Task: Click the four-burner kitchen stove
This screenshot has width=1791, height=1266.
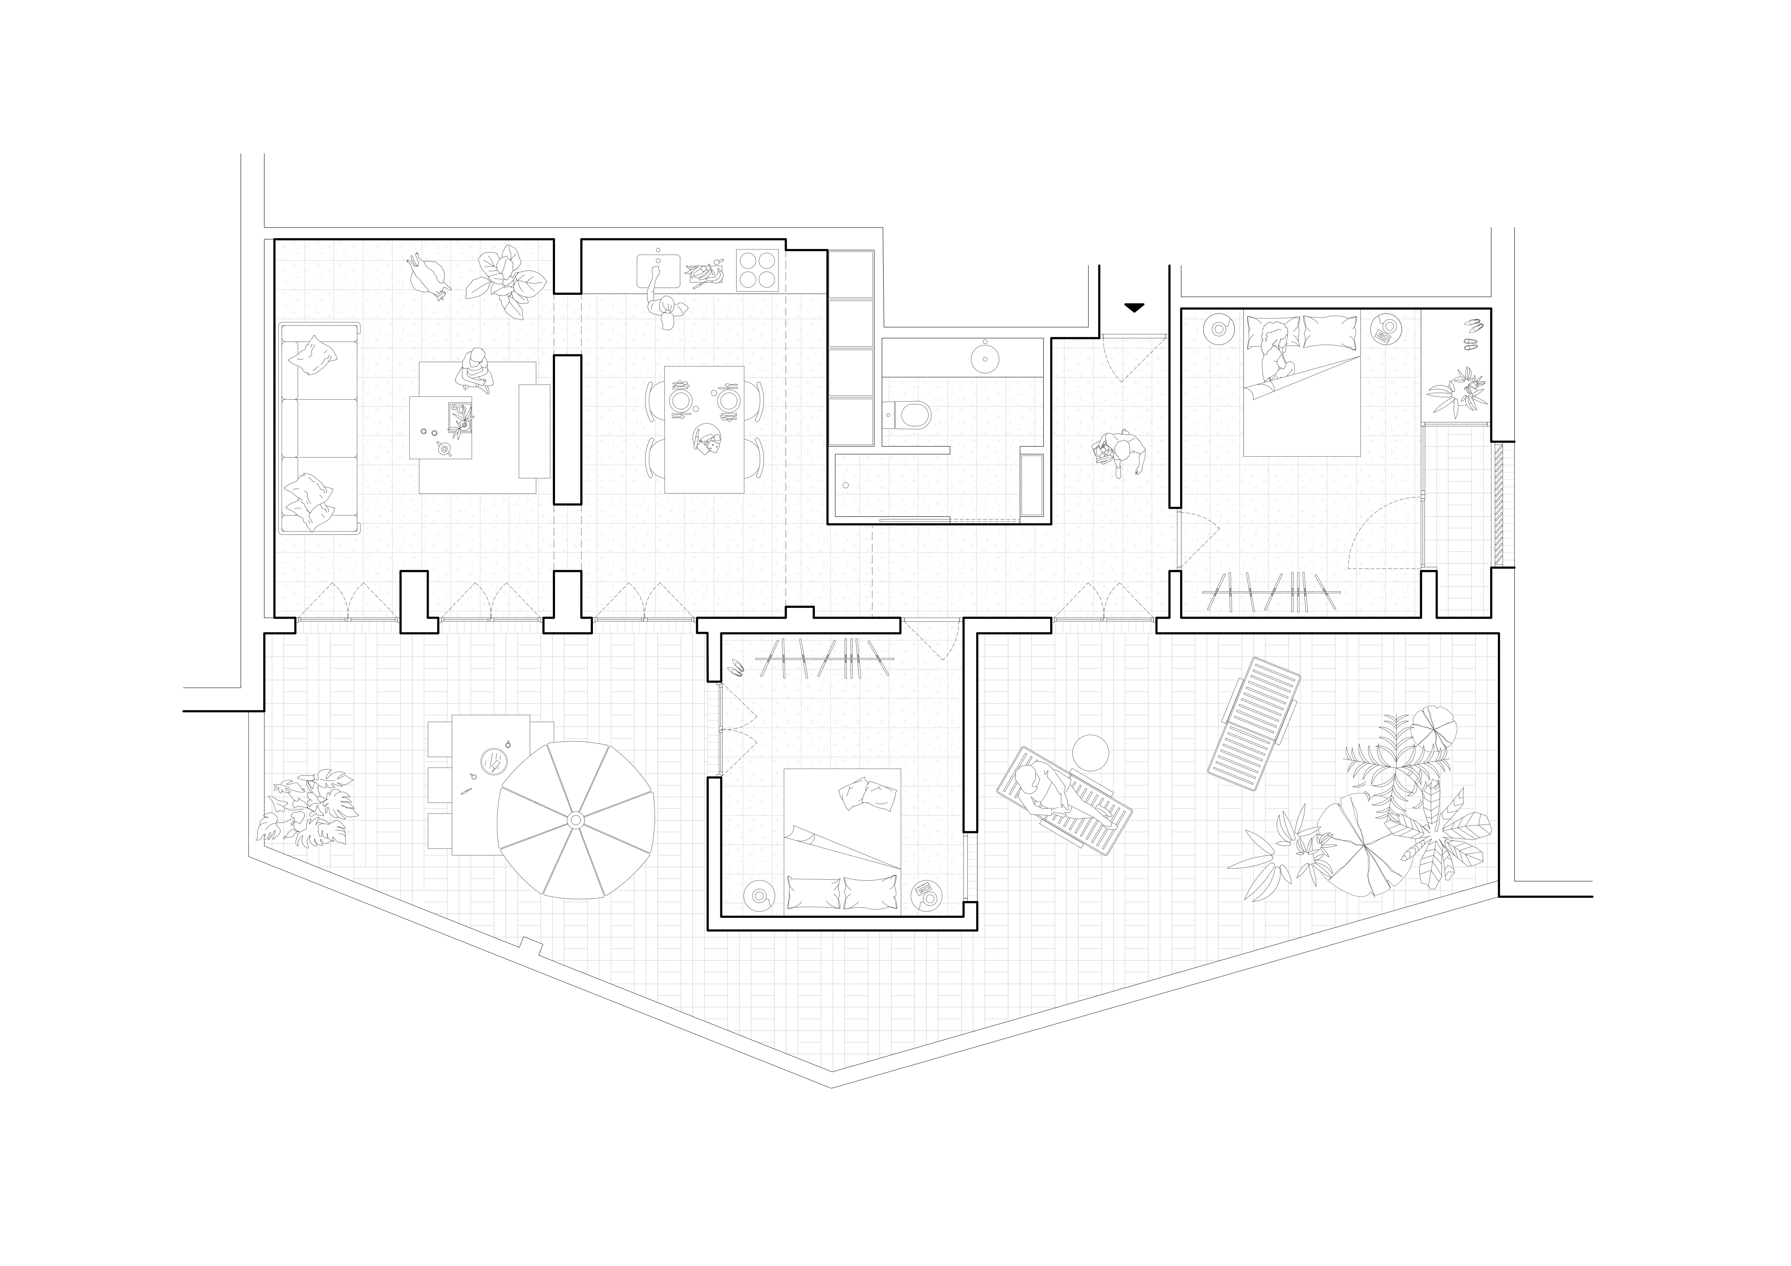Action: [x=757, y=270]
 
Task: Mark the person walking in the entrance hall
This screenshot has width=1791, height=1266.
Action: [x=1120, y=454]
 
